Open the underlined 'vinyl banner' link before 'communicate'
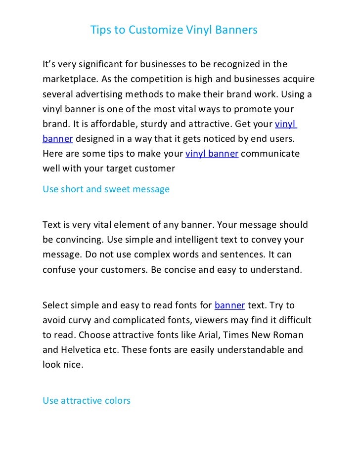(x=212, y=154)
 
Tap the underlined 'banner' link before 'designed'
(x=58, y=139)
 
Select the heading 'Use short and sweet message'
(x=106, y=189)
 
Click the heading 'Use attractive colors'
(x=87, y=400)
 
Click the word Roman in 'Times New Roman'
(x=290, y=335)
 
